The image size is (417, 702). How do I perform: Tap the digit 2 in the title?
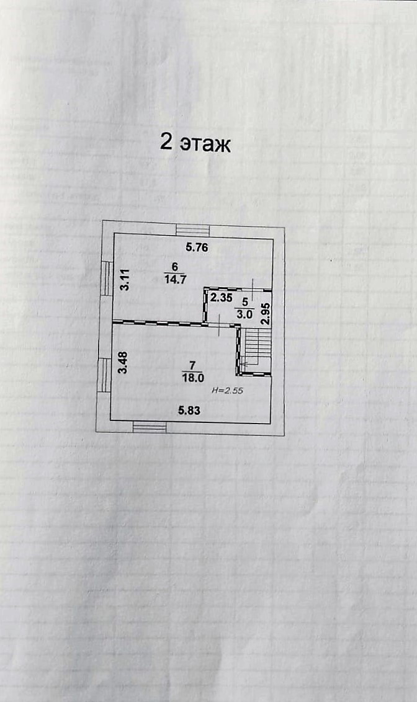(166, 142)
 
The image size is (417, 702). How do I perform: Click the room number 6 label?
(175, 267)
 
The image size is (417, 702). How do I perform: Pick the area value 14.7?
(175, 278)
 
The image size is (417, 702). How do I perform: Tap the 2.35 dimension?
(220, 298)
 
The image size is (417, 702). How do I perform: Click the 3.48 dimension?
(124, 363)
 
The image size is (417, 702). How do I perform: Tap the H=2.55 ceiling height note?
(225, 391)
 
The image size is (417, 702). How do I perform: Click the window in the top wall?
(193, 230)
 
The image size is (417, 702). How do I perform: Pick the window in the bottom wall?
(150, 427)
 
